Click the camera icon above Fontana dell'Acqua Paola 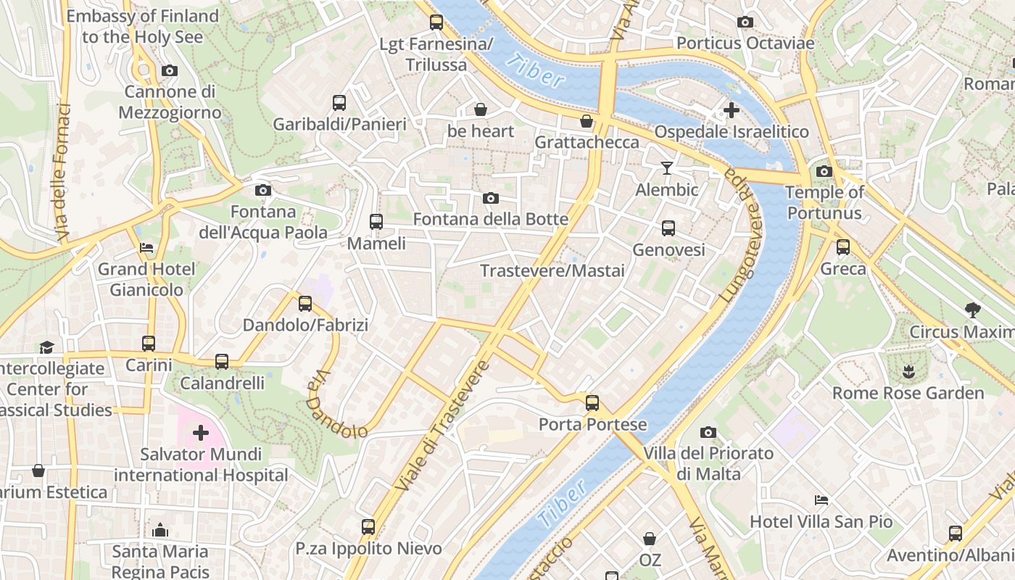click(263, 190)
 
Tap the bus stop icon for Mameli click(376, 222)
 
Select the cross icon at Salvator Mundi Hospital click(200, 434)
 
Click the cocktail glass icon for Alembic click(667, 168)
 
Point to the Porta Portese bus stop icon click(592, 403)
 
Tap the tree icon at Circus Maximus click(973, 310)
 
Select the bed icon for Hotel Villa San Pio click(821, 500)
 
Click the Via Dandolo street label click(334, 406)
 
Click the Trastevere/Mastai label click(552, 271)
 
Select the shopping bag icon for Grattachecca click(586, 121)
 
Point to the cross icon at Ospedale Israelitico click(732, 110)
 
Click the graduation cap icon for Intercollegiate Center click(46, 347)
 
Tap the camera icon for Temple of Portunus click(824, 171)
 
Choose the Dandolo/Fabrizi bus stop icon click(305, 304)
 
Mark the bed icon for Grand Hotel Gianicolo click(146, 248)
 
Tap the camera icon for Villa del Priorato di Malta click(708, 433)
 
